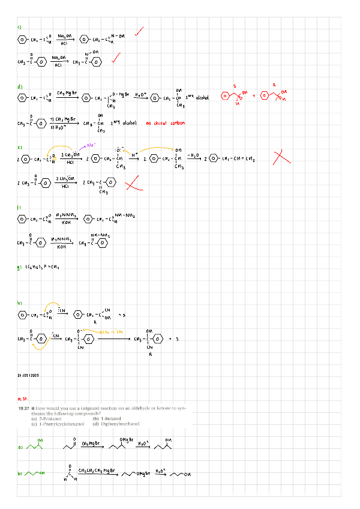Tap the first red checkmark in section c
click(x=139, y=31)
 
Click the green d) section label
click(x=20, y=86)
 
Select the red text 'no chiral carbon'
click(x=166, y=124)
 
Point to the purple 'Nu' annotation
click(x=91, y=145)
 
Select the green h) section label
click(x=20, y=303)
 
